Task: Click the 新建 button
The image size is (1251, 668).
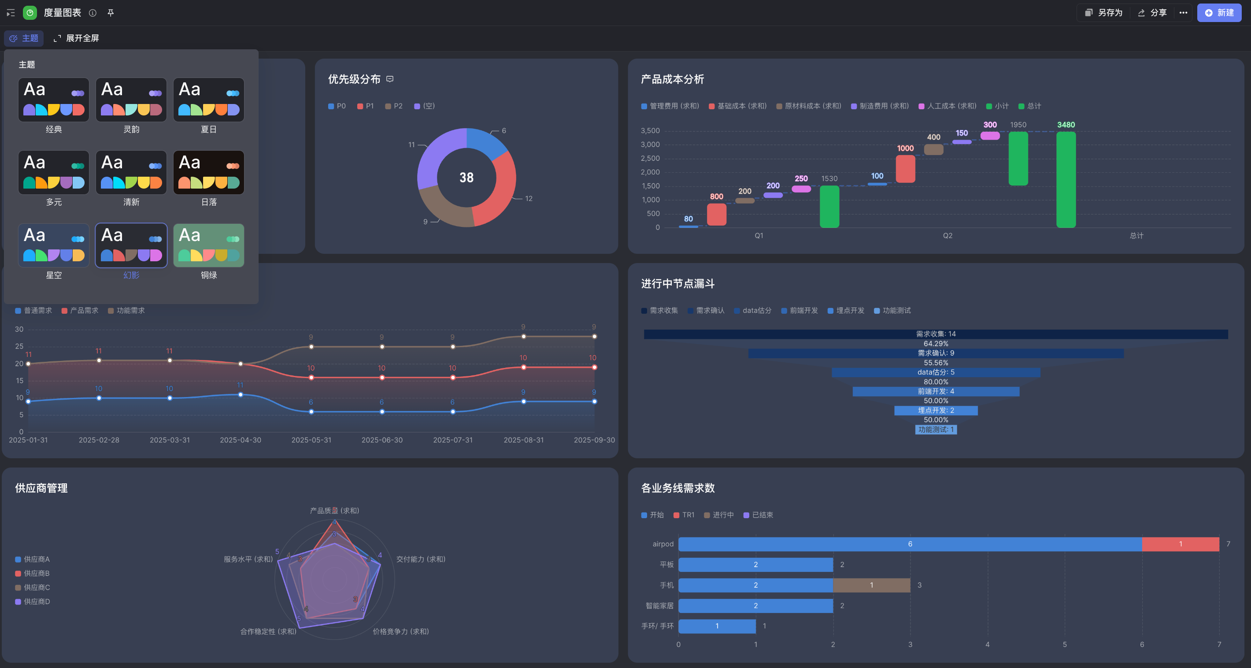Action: point(1219,13)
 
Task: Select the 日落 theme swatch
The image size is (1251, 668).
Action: point(209,172)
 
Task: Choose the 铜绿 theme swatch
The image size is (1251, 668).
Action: point(209,245)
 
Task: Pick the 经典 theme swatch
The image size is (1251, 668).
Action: point(53,100)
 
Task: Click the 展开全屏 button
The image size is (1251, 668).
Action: point(76,38)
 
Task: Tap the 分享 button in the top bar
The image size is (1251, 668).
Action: point(1152,13)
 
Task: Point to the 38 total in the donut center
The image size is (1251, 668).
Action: point(466,178)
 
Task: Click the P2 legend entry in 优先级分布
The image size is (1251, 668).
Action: point(394,106)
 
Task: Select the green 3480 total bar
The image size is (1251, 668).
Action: point(1066,180)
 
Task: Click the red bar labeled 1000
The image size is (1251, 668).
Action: point(905,169)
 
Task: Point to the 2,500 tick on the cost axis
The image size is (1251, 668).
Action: point(650,158)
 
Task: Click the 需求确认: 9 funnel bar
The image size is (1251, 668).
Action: point(936,353)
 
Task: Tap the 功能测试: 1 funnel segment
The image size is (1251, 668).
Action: point(936,430)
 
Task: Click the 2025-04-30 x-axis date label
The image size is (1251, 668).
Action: point(241,440)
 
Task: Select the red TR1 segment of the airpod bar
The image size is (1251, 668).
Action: point(1180,544)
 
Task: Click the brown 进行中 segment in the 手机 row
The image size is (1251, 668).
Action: point(871,585)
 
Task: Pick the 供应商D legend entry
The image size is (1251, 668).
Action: point(33,601)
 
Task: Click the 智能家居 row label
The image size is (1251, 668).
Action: point(659,606)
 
